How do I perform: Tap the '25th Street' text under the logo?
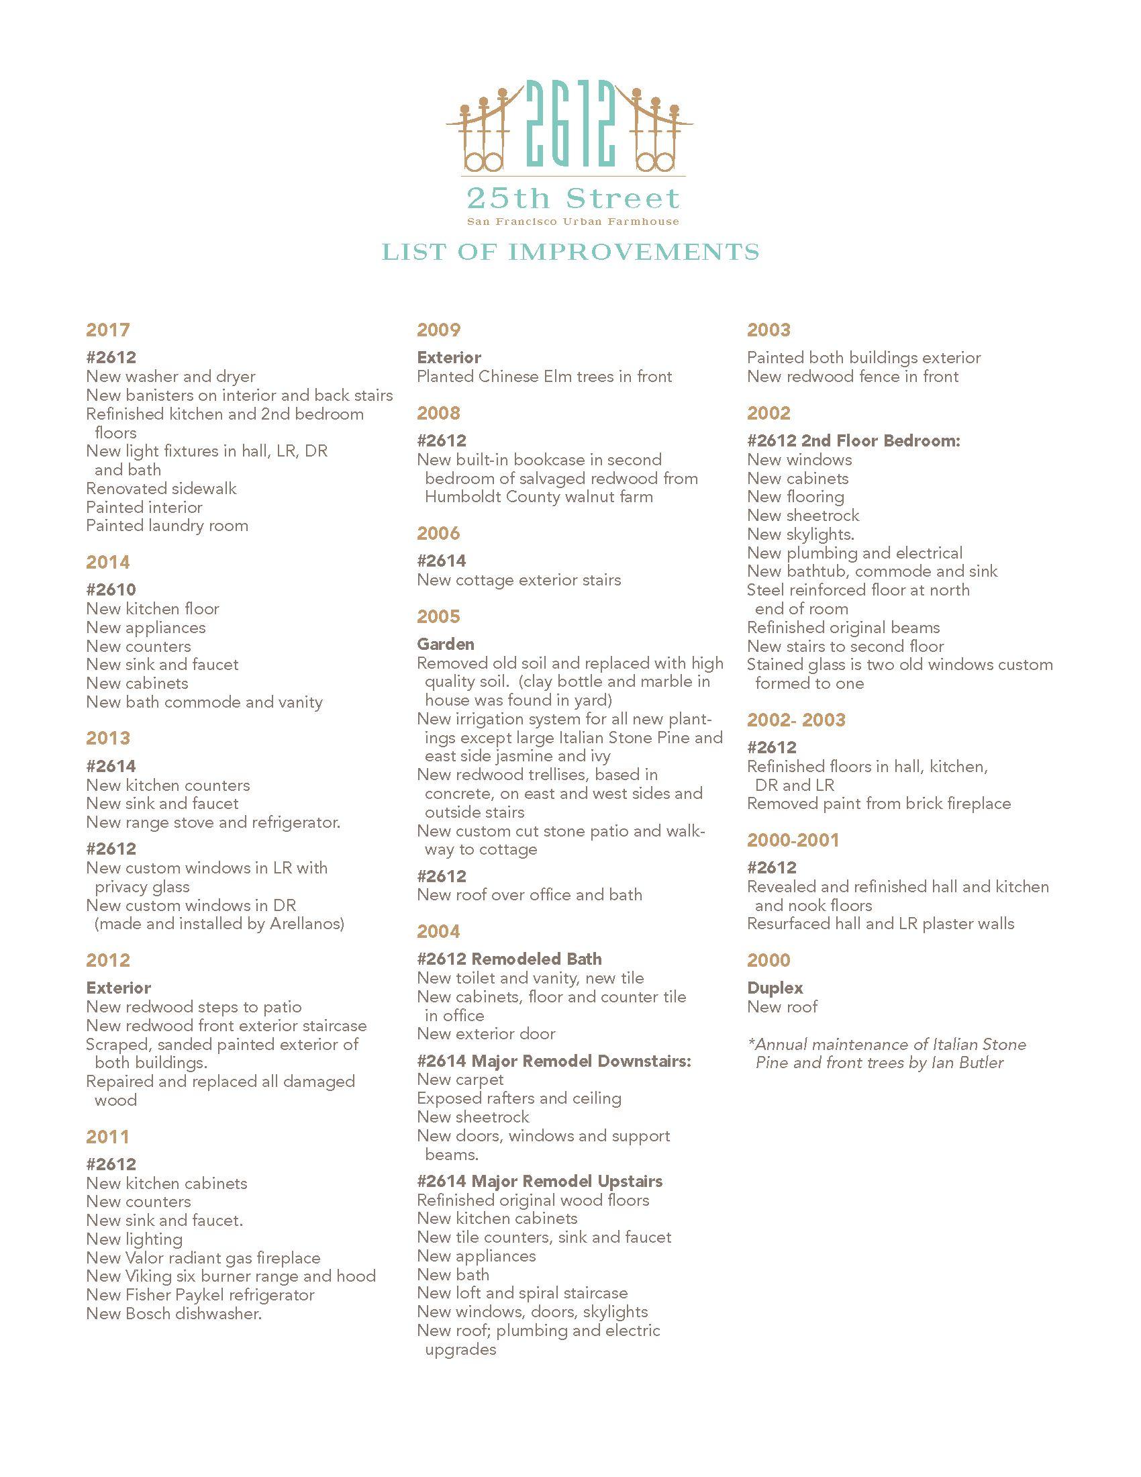point(571,199)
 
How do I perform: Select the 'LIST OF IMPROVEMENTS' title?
point(570,252)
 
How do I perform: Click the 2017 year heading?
point(107,330)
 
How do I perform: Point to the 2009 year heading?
point(438,330)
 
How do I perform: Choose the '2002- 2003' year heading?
point(795,720)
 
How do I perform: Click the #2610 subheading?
point(111,589)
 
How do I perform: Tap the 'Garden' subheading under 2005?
point(446,644)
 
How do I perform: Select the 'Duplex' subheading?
point(775,988)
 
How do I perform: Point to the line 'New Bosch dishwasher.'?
point(174,1314)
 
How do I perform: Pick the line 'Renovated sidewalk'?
point(161,488)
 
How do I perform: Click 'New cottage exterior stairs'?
point(518,579)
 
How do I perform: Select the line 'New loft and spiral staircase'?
point(522,1293)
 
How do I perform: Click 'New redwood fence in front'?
point(852,377)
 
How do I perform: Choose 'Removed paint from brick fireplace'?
point(879,804)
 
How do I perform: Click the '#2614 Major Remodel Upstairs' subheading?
point(540,1182)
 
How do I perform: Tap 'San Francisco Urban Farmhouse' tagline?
point(571,222)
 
